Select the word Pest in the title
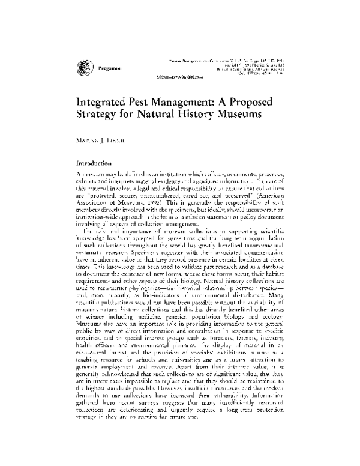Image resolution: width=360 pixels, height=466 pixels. [x=152, y=103]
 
